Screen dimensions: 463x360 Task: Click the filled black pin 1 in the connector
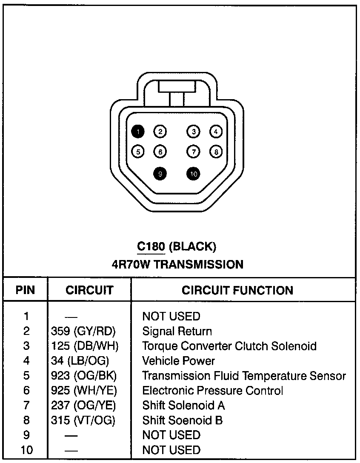[138, 131]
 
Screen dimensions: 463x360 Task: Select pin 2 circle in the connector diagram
[160, 131]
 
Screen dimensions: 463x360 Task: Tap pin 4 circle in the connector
[216, 131]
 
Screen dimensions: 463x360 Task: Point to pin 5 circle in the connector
[138, 151]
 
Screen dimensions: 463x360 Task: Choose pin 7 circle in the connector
[194, 151]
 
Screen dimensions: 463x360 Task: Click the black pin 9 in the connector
[160, 173]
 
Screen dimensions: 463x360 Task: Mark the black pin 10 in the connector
[194, 173]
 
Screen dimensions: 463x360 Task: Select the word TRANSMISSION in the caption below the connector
[198, 264]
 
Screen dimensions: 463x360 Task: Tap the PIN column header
[25, 290]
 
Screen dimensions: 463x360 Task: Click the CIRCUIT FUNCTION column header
[237, 290]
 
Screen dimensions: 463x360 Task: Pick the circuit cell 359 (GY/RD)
[83, 331]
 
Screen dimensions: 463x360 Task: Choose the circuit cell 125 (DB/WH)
[84, 346]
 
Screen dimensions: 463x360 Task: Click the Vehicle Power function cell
[178, 361]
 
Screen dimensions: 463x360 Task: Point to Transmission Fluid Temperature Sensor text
[244, 376]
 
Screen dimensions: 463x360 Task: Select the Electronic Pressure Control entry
[212, 391]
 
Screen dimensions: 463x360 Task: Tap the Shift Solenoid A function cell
[183, 405]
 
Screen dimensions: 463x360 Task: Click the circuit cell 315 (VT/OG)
[83, 420]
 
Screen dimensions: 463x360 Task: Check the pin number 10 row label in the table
[26, 450]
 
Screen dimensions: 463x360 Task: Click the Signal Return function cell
[177, 331]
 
